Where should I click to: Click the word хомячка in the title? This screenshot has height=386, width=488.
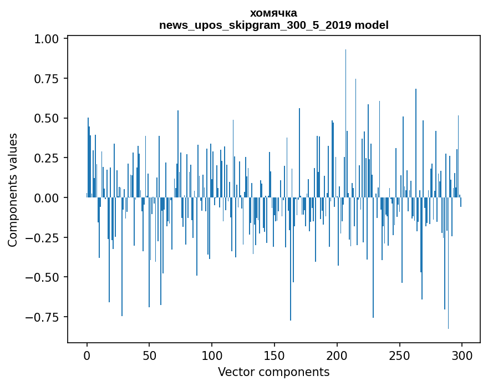tap(273, 13)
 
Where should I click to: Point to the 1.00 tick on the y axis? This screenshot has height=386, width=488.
tap(47, 39)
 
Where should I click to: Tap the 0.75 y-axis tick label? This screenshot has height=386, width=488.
tap(47, 79)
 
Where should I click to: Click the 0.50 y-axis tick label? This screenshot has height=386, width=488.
tap(47, 119)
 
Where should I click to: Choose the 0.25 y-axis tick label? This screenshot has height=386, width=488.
tap(47, 158)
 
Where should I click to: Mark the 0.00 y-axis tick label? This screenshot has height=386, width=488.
tap(47, 198)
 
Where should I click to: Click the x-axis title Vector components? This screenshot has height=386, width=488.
tap(274, 372)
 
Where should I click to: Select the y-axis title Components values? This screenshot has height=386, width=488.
tap(13, 190)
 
